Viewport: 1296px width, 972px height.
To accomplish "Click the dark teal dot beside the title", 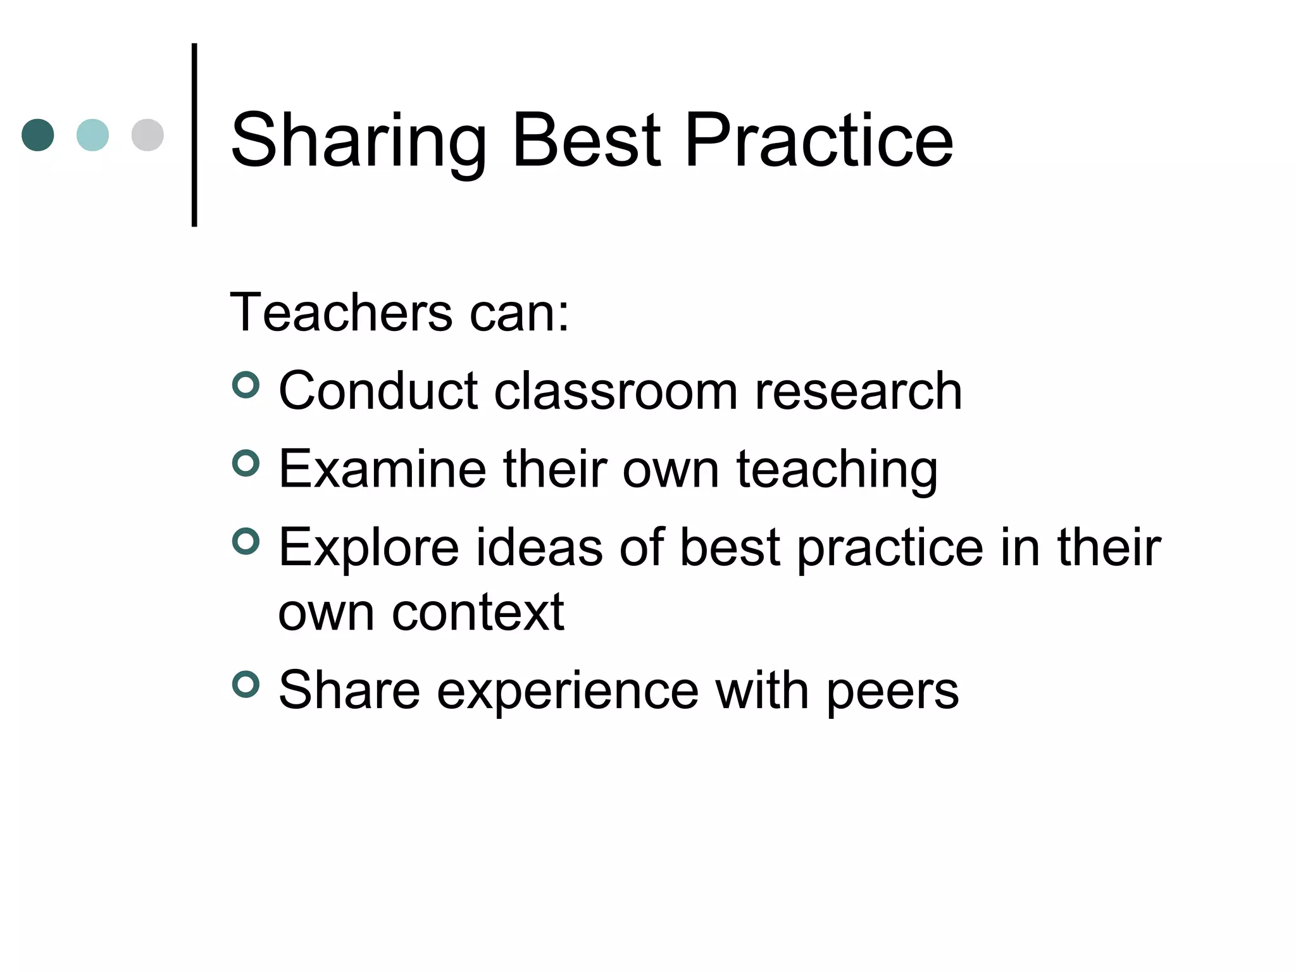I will [x=38, y=135].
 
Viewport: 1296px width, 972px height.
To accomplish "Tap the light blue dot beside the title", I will [x=92, y=135].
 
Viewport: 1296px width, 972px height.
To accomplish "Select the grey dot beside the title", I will [x=147, y=135].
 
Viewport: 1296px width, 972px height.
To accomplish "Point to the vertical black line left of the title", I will [x=194, y=135].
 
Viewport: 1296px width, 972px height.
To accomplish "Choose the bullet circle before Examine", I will [x=246, y=464].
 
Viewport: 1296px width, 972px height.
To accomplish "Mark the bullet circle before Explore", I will [x=246, y=542].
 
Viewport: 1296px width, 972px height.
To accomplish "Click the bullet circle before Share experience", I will [x=246, y=685].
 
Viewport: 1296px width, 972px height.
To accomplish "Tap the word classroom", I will [x=616, y=391].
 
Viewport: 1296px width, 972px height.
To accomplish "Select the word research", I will [x=858, y=391].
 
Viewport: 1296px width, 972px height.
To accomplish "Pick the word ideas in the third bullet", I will [x=539, y=547].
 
